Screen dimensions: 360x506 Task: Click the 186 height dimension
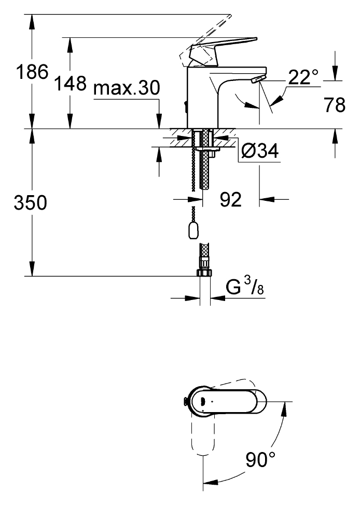32,72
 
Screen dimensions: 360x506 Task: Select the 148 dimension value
71,83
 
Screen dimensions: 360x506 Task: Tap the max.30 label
127,88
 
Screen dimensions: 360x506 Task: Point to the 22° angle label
303,77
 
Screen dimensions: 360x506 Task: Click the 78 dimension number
335,105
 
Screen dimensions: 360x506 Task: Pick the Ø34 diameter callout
260,151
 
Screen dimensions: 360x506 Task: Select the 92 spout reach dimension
231,199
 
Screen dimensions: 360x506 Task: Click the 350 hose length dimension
31,202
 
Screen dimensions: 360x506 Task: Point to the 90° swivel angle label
260,459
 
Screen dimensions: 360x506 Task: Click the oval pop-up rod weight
193,230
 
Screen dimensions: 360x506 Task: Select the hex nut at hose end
205,273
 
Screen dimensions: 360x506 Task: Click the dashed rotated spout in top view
203,434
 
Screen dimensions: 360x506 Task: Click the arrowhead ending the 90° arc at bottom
210,482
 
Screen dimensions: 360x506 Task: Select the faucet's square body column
203,98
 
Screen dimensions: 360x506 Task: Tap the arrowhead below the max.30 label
159,121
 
